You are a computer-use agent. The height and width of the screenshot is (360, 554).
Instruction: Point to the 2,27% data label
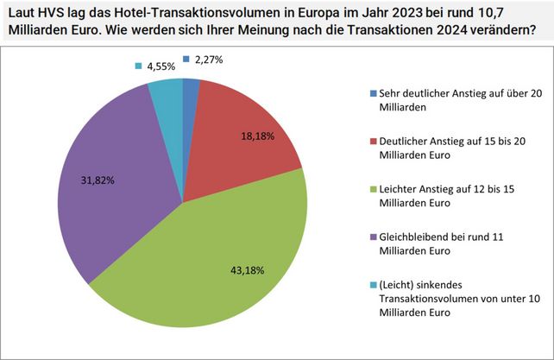pos(208,60)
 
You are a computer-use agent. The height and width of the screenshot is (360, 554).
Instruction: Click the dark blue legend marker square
pos(372,93)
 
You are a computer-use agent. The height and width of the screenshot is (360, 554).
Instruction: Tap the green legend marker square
pos(372,189)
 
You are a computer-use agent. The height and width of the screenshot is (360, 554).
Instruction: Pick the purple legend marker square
pos(372,237)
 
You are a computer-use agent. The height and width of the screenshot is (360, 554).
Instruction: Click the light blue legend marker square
pos(372,284)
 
